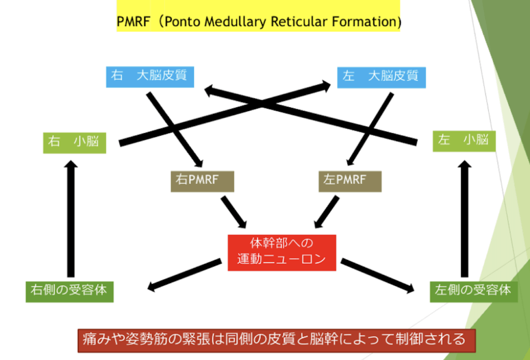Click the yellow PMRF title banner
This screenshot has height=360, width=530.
[x=258, y=16]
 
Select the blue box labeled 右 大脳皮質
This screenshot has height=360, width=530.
[x=150, y=77]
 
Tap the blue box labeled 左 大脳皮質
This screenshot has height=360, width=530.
[x=381, y=78]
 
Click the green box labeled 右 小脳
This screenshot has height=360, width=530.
[x=75, y=143]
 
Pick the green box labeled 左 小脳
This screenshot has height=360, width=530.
[x=464, y=141]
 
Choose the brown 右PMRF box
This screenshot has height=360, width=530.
[x=202, y=181]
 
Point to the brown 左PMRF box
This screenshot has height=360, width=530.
[x=350, y=181]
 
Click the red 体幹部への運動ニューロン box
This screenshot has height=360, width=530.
[x=282, y=253]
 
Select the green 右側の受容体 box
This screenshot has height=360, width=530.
[x=70, y=292]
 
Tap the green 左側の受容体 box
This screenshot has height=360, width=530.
[x=474, y=292]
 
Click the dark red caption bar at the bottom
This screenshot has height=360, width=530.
[x=276, y=340]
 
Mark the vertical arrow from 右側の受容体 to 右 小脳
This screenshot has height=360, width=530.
[x=70, y=219]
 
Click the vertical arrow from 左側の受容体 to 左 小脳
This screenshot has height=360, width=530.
[x=465, y=219]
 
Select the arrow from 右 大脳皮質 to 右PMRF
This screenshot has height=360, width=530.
[x=174, y=129]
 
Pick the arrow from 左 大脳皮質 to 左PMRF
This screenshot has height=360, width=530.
[x=371, y=129]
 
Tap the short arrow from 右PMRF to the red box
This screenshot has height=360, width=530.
[x=234, y=212]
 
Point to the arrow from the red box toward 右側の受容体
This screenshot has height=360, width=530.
[x=185, y=275]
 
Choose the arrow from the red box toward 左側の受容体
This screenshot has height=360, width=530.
[x=377, y=276]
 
